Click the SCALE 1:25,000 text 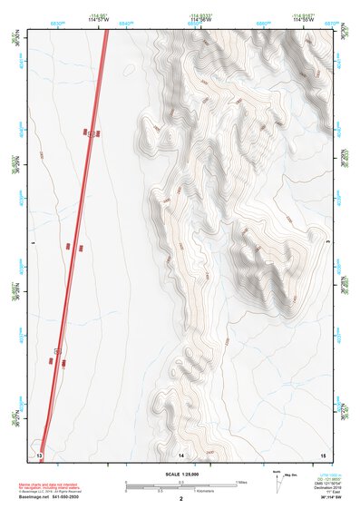click(181, 473)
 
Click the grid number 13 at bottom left click(39, 453)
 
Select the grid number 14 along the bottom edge click(181, 453)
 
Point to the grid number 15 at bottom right click(322, 453)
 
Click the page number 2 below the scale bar click(181, 499)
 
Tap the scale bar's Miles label click(242, 482)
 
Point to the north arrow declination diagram click(277, 481)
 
